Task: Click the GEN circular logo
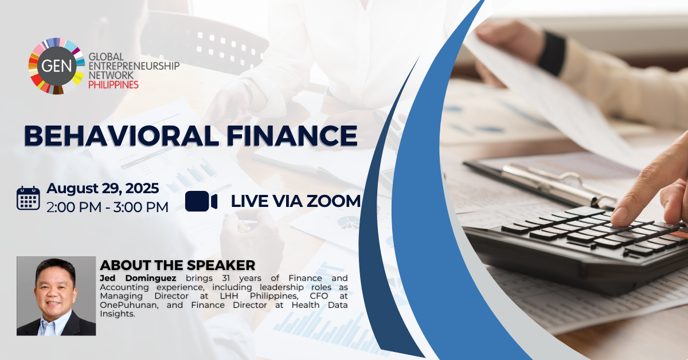tap(57, 66)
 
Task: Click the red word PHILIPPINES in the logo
tap(114, 85)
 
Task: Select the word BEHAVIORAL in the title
tap(122, 136)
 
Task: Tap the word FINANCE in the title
tap(292, 136)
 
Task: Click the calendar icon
tap(28, 198)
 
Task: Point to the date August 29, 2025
tap(103, 188)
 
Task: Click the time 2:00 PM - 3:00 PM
tap(108, 207)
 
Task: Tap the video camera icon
tap(201, 201)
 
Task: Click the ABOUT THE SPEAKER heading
tap(178, 265)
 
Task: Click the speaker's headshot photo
tap(56, 296)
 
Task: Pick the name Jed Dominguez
tap(138, 278)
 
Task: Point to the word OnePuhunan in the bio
tap(129, 306)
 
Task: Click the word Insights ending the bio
tap(118, 314)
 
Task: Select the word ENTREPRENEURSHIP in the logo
tap(134, 66)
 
